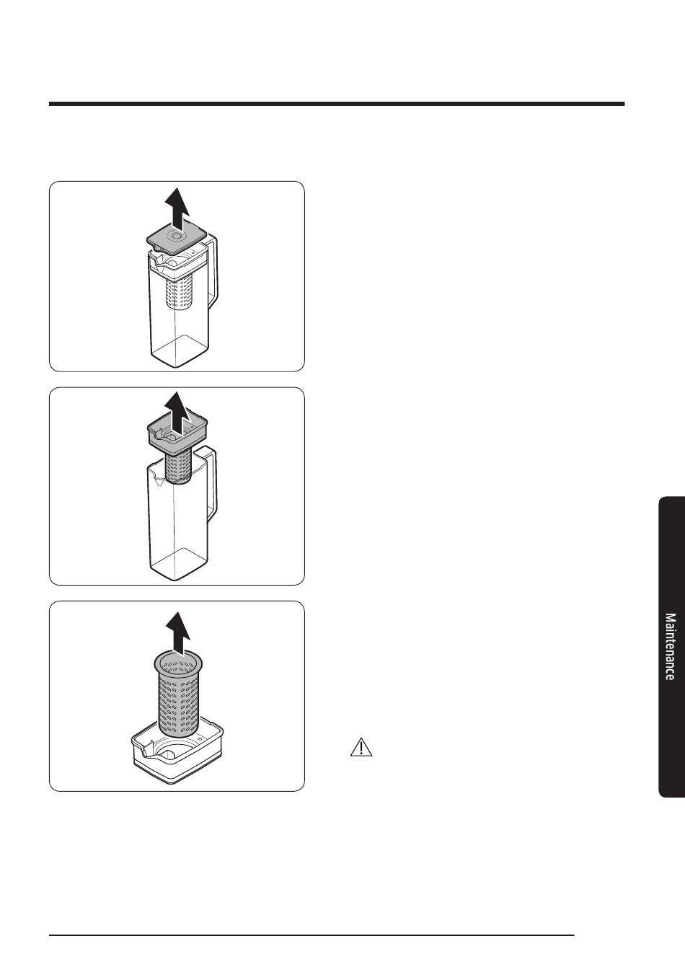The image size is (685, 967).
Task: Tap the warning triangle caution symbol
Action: [361, 747]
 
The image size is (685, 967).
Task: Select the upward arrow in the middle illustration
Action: [178, 412]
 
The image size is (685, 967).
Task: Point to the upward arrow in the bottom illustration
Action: [178, 633]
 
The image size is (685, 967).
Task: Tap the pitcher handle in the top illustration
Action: [213, 272]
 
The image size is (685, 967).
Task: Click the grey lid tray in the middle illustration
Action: [177, 432]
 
